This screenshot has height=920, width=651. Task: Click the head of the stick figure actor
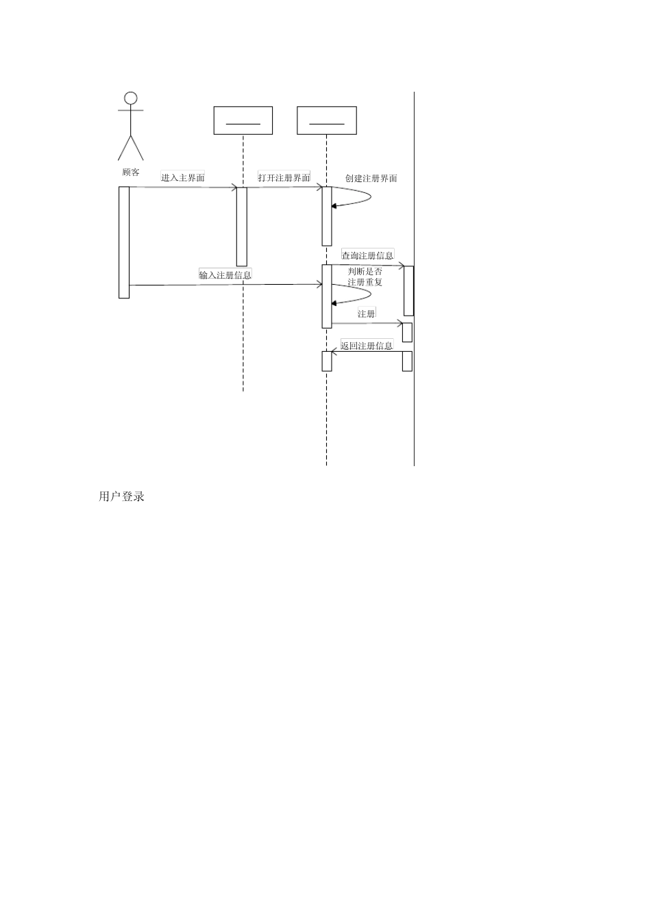[x=131, y=98]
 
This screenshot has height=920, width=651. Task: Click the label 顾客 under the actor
[x=131, y=172]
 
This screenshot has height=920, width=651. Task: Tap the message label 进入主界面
[x=182, y=177]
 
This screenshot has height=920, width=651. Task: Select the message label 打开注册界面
[x=284, y=177]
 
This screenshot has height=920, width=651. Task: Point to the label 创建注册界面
[x=371, y=178]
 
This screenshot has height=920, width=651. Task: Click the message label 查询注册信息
[x=368, y=255]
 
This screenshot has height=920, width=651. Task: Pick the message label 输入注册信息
[x=225, y=274]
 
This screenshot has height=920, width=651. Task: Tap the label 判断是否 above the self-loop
[x=365, y=272]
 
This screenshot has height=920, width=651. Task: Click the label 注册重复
[x=365, y=283]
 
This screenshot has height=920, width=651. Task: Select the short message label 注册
[x=366, y=314]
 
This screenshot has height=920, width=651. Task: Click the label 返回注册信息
[x=367, y=346]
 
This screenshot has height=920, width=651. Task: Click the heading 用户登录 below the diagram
[x=121, y=496]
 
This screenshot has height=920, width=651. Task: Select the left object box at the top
[x=243, y=120]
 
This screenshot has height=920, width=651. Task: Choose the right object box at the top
[x=327, y=120]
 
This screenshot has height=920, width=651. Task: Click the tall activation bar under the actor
[x=124, y=242]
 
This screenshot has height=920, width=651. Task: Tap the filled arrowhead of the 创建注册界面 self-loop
[x=334, y=206]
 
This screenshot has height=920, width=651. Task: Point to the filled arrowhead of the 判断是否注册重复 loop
[x=334, y=303]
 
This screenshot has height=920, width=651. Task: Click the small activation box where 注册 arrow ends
[x=407, y=332]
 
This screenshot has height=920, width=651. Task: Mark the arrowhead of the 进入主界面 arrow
[x=234, y=188]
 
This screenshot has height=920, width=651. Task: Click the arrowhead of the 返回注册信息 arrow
[x=334, y=352]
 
